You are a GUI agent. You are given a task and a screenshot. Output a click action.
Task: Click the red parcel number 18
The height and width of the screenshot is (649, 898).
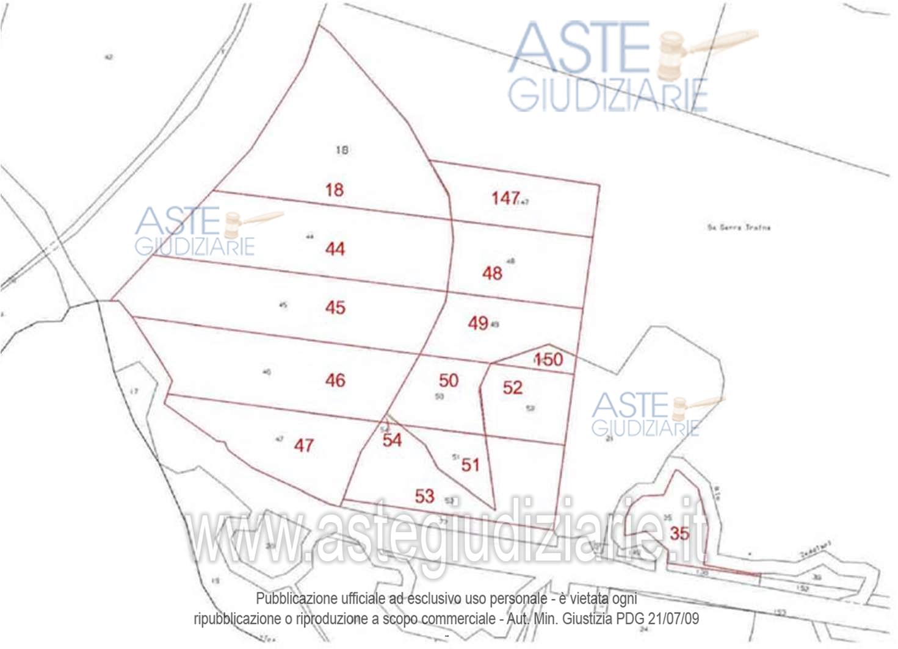pyautogui.click(x=334, y=190)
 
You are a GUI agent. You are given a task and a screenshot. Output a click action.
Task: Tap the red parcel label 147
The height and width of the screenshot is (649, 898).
pyautogui.click(x=505, y=198)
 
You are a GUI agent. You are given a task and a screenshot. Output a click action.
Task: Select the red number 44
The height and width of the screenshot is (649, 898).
pyautogui.click(x=335, y=249)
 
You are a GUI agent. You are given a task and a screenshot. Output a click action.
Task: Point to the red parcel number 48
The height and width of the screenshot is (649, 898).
pyautogui.click(x=492, y=273)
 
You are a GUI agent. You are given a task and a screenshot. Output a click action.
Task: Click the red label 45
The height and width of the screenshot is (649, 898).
pyautogui.click(x=335, y=307)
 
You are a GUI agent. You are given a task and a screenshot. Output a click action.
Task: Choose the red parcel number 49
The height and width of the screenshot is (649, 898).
pyautogui.click(x=478, y=323)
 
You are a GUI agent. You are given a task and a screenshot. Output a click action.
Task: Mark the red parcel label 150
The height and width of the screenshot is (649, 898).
pyautogui.click(x=548, y=359)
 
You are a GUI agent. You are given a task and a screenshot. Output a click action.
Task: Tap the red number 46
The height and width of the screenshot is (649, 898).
pyautogui.click(x=335, y=381)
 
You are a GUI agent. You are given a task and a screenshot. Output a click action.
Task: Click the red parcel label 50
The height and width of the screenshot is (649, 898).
pyautogui.click(x=449, y=381)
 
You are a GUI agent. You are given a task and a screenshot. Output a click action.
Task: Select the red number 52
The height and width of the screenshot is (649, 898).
pyautogui.click(x=513, y=387)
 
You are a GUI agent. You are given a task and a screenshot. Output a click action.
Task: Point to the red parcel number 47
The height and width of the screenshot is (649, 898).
pyautogui.click(x=303, y=445)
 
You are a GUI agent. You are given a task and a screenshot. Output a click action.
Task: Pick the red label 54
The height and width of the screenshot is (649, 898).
pyautogui.click(x=392, y=440)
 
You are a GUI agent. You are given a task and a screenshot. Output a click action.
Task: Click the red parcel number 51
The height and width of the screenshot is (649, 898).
pyautogui.click(x=470, y=465)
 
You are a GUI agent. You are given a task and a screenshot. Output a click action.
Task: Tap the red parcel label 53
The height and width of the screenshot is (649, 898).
pyautogui.click(x=424, y=497)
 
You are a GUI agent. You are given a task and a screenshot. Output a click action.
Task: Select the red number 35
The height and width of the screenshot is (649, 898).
pyautogui.click(x=679, y=534)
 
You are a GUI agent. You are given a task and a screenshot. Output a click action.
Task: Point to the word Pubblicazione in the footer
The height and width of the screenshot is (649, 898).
pyautogui.click(x=294, y=598)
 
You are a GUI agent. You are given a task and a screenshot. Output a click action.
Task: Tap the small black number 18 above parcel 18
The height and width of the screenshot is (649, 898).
pyautogui.click(x=342, y=149)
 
